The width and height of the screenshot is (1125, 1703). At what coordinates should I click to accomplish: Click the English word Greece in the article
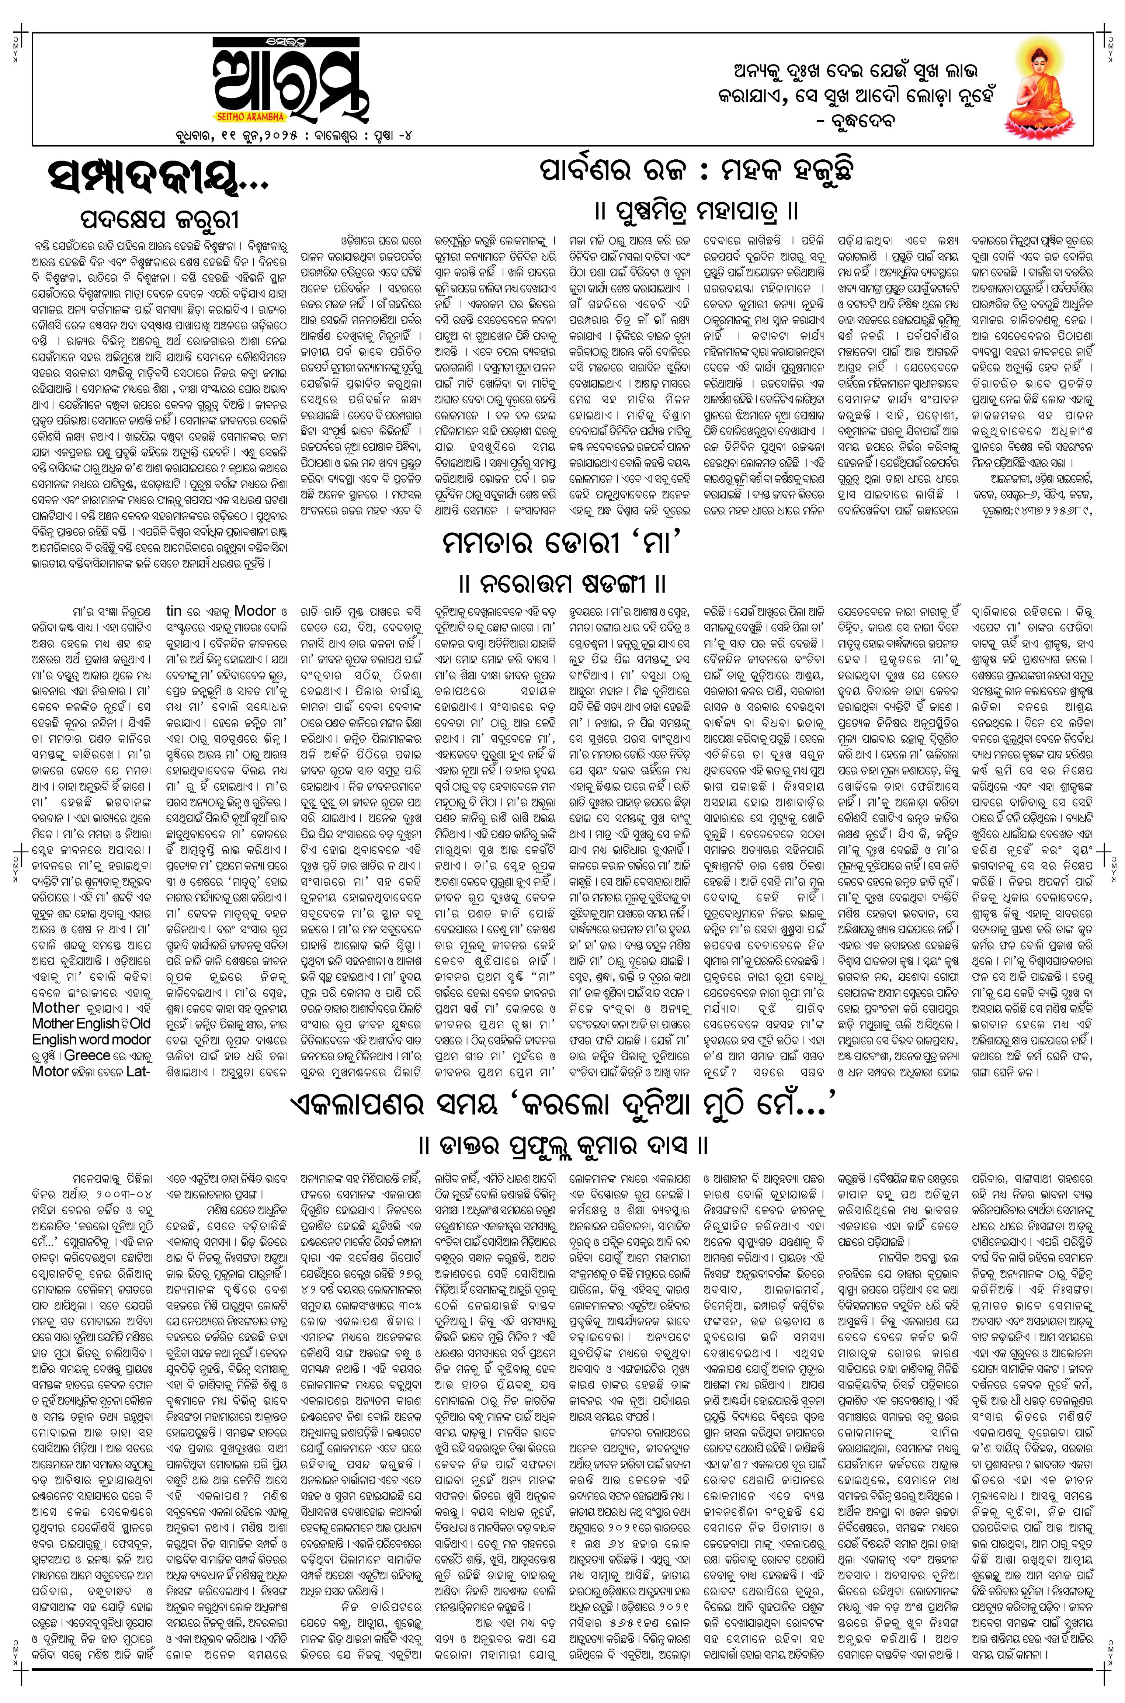point(87,1055)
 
